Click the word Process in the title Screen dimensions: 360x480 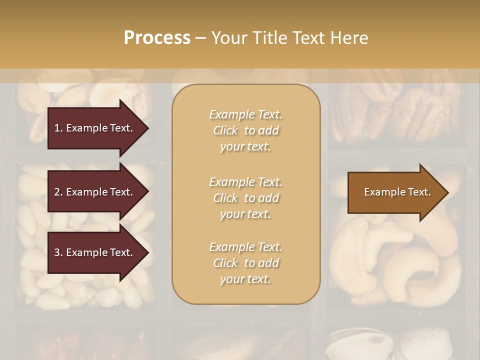[x=157, y=38]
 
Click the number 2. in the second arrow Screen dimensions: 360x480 [x=58, y=192]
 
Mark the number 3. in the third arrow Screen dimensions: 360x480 [x=58, y=253]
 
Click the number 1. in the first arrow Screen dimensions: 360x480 [x=58, y=128]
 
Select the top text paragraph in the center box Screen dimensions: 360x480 [x=245, y=130]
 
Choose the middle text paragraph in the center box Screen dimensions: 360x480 [x=245, y=198]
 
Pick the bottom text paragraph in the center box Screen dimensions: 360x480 [x=245, y=263]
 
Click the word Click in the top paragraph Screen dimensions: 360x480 [x=225, y=131]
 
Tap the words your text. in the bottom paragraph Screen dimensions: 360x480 [x=245, y=279]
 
